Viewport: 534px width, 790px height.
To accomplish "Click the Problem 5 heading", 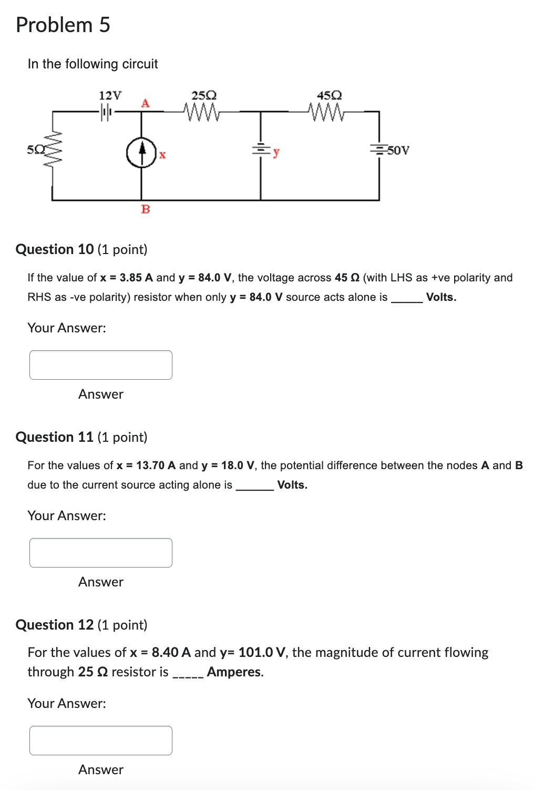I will pos(63,25).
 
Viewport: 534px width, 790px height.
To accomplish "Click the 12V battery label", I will pos(110,95).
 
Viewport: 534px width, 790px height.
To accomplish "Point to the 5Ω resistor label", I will pos(33,150).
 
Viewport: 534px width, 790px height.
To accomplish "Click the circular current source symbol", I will pos(141,153).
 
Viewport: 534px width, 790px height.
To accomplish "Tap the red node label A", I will pos(145,103).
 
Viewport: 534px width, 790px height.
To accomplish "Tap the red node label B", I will pos(146,209).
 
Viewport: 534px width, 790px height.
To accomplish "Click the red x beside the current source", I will pos(162,155).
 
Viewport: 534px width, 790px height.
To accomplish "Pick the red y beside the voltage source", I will pos(276,153).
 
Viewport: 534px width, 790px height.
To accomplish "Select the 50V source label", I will pos(398,150).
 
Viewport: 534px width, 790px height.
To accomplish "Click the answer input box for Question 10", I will pos(101,365).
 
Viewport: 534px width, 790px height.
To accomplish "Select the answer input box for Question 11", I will pos(101,553).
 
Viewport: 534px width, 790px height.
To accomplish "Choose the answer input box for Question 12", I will pos(101,741).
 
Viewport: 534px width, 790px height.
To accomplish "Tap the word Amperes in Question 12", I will pos(234,672).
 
